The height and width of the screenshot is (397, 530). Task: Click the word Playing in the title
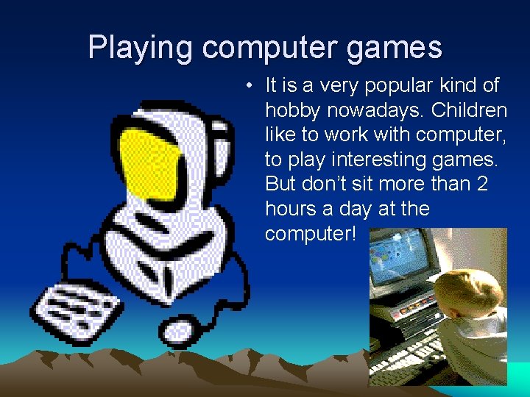tap(141, 48)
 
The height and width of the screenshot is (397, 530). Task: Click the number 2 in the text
tap(482, 184)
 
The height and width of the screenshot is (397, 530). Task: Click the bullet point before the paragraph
tap(251, 86)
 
